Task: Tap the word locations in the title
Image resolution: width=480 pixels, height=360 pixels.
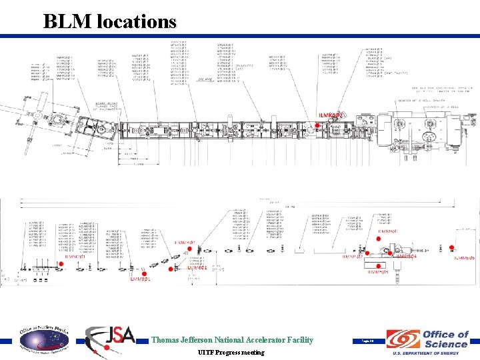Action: [137, 21]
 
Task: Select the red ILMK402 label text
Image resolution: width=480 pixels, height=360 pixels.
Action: [332, 116]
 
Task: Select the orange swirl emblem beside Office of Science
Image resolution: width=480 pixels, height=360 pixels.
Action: [402, 339]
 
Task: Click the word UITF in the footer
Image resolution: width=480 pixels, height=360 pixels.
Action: [207, 352]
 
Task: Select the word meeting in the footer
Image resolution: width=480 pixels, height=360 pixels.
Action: [252, 352]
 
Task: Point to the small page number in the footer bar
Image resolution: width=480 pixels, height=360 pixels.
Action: [367, 340]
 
